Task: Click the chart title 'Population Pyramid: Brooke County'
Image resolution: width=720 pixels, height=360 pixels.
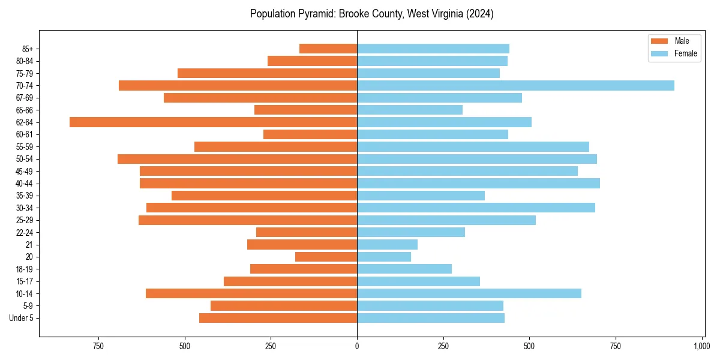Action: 371,14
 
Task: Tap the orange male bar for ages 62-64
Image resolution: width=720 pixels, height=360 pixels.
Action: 213,122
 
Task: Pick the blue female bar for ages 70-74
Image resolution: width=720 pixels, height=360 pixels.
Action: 515,86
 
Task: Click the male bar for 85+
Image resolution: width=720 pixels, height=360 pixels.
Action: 328,49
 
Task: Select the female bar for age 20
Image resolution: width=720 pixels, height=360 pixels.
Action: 384,257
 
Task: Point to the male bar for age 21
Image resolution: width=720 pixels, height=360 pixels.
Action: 302,245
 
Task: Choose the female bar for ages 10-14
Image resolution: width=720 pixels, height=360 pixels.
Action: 469,293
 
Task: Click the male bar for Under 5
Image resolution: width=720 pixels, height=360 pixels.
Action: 278,318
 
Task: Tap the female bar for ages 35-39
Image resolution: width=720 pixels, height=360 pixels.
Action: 421,196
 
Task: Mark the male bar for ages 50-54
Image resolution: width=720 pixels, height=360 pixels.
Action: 237,159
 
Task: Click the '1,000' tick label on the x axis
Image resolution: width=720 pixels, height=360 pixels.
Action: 701,346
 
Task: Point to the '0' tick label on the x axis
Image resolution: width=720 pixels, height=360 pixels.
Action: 357,346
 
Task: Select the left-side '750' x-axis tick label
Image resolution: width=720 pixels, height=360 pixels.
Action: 98,346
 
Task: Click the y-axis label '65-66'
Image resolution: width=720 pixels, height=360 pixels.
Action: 25,110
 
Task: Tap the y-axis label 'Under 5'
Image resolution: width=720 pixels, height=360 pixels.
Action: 22,318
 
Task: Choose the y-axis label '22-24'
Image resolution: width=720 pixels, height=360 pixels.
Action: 25,232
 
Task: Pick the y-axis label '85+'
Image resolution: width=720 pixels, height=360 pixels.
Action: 28,49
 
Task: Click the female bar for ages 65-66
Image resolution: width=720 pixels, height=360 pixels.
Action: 410,110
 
